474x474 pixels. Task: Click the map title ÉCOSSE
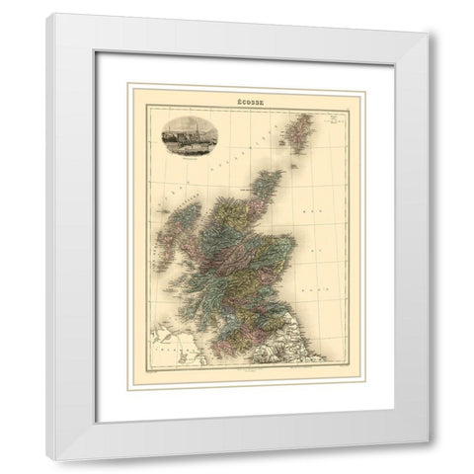point(236,99)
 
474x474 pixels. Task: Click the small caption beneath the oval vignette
point(188,150)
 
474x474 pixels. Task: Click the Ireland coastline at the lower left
point(160,348)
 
